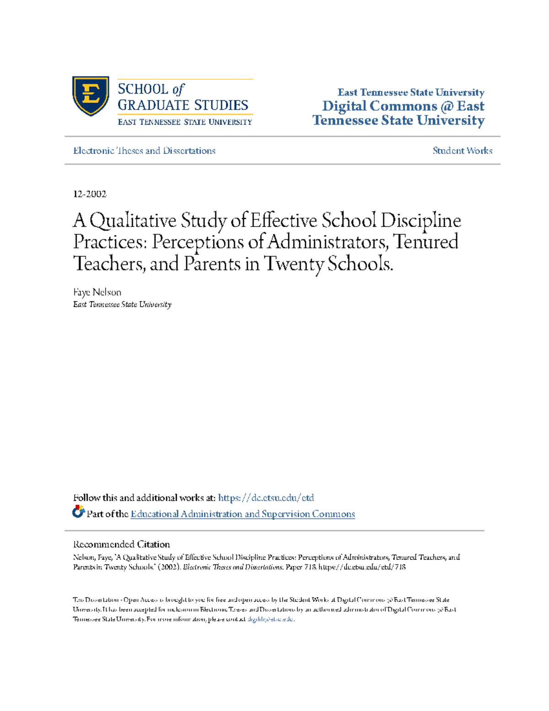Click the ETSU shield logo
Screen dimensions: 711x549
(91, 96)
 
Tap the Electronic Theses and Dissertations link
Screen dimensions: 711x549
(144, 151)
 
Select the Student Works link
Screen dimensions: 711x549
(463, 151)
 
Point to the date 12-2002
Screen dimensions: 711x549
(90, 194)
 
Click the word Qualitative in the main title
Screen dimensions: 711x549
(133, 221)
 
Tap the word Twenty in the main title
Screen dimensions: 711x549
(294, 264)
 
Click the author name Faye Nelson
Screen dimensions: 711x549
(97, 292)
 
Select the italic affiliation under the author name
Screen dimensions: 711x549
(122, 304)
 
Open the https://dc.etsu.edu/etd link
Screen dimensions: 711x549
(266, 498)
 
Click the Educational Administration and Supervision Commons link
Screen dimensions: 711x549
(242, 514)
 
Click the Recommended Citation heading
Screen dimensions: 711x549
(121, 544)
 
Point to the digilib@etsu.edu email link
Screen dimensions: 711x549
(270, 619)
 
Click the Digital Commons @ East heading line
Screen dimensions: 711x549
(403, 106)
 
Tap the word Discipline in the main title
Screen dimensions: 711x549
(421, 221)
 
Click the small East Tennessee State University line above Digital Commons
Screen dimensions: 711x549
(411, 92)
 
